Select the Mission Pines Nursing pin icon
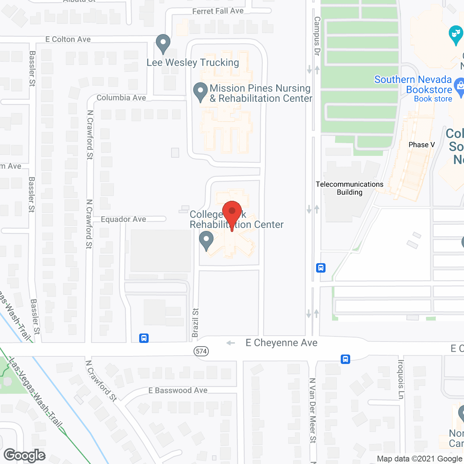point(200,92)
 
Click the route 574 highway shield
point(201,351)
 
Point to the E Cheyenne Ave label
point(281,343)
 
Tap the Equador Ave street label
point(123,219)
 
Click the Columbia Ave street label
point(121,98)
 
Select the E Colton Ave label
point(68,39)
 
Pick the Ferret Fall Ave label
point(218,11)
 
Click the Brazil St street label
point(195,323)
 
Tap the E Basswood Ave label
point(178,390)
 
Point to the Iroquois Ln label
point(401,379)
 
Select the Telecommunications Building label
point(349,188)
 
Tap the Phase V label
point(422,145)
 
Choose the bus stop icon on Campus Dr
point(321,268)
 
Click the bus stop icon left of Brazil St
point(144,338)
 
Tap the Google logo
point(25,455)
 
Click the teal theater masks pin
point(455,34)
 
